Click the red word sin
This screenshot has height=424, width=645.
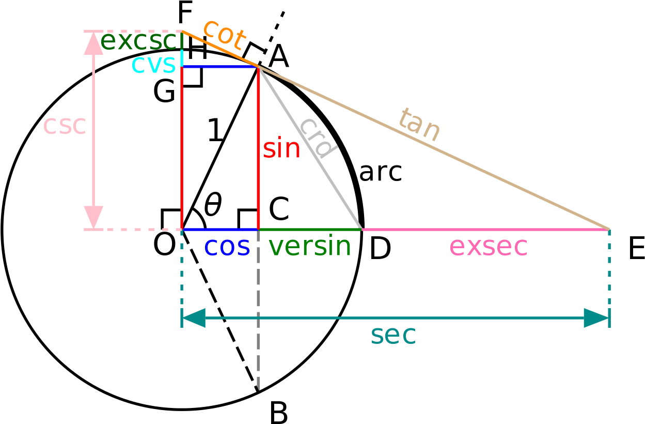click(x=281, y=148)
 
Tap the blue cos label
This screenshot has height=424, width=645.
click(x=227, y=247)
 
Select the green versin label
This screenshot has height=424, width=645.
click(x=309, y=245)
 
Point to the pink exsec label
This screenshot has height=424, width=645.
click(x=488, y=247)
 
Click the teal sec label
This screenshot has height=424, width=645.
click(x=394, y=336)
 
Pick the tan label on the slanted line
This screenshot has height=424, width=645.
click(x=420, y=125)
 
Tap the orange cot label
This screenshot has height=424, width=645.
click(x=225, y=35)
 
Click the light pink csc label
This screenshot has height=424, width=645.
click(x=65, y=126)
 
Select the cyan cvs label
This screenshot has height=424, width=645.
click(x=153, y=65)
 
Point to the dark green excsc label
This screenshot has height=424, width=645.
click(x=141, y=41)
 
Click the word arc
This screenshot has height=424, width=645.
click(x=381, y=172)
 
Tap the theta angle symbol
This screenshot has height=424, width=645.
click(x=213, y=204)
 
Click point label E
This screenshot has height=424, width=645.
click(x=636, y=248)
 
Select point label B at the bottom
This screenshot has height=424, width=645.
click(x=278, y=413)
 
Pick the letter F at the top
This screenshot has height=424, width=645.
click(x=185, y=12)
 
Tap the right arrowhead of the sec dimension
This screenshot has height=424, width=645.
click(x=596, y=318)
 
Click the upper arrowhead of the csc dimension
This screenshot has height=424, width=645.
click(x=93, y=43)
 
